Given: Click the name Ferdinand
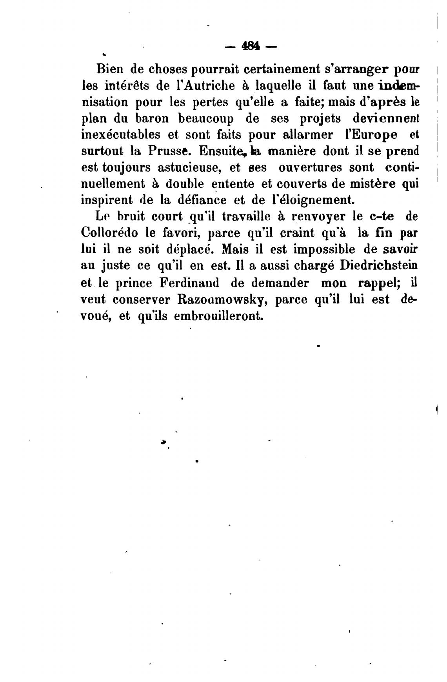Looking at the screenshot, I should click(x=190, y=283).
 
